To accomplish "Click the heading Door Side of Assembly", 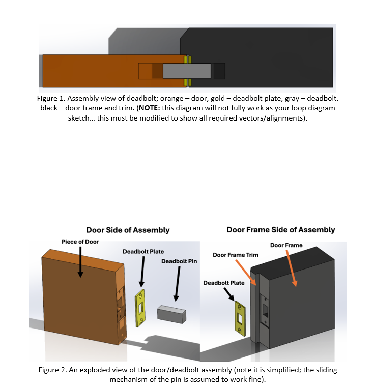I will [128, 230].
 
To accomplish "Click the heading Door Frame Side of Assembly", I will [280, 230].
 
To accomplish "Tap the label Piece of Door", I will [80, 242].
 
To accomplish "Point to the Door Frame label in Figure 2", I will [286, 245].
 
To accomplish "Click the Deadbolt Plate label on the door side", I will [143, 251].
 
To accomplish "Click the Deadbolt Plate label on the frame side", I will [223, 283].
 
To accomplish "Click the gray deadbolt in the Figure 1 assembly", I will [186, 71].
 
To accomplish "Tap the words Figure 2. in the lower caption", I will [52, 370].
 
